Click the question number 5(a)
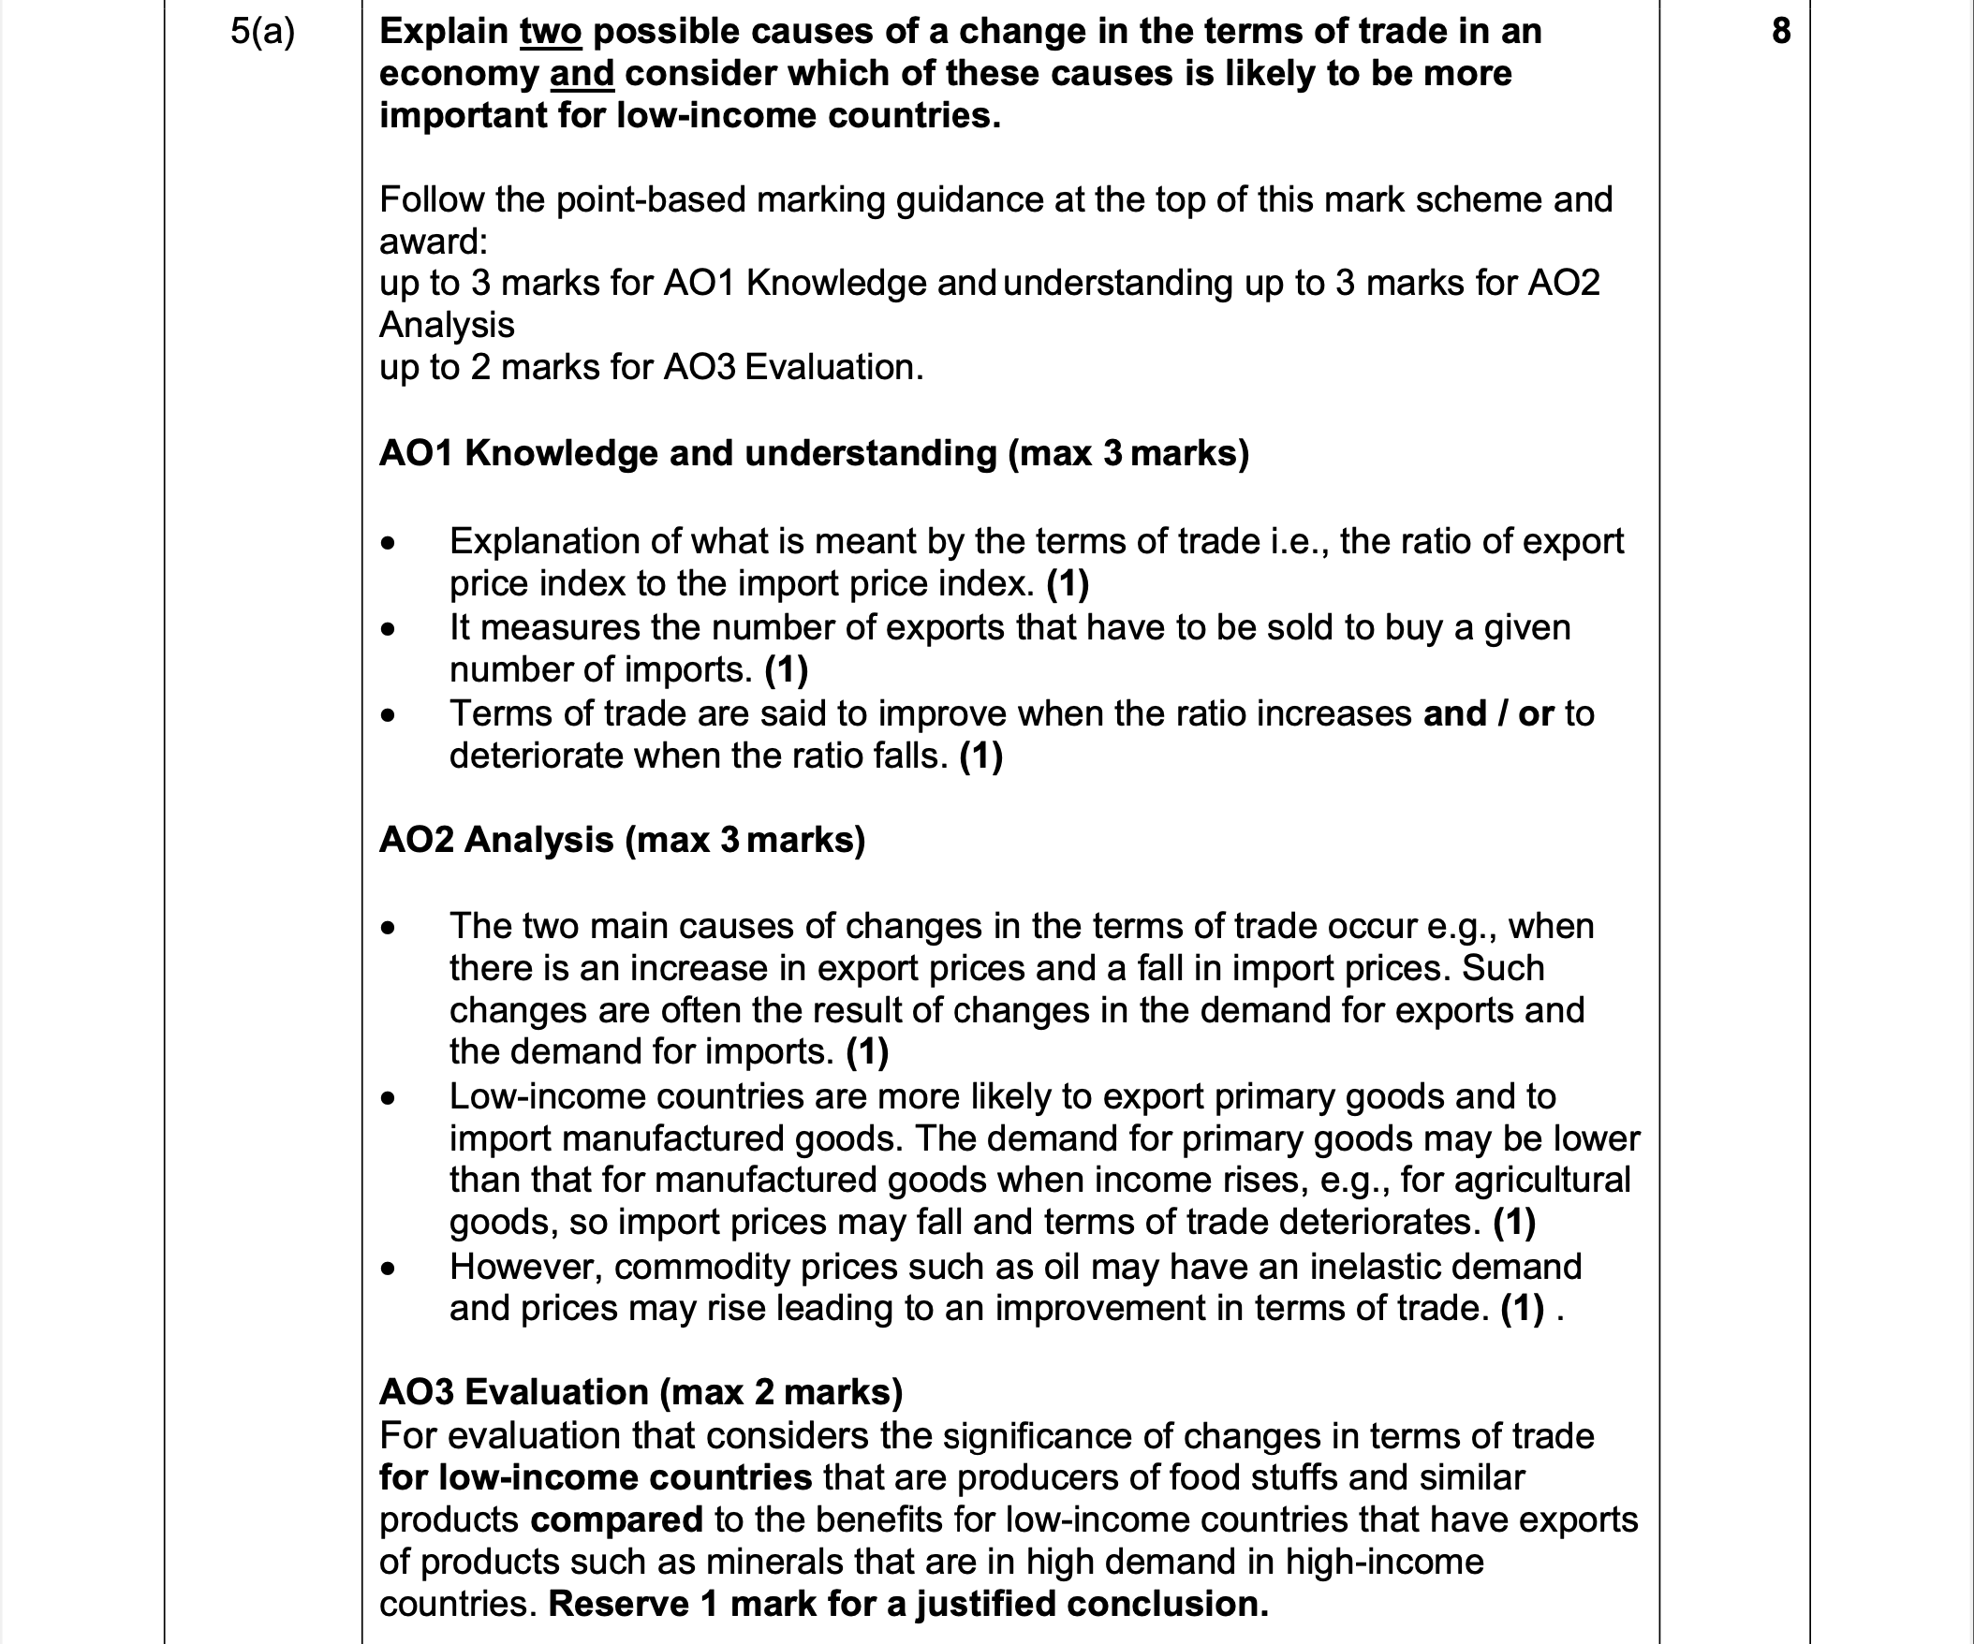[x=262, y=32]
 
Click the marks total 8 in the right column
[x=1780, y=32]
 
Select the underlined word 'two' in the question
[x=551, y=32]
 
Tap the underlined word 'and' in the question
[x=581, y=73]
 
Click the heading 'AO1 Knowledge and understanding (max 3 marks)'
[x=814, y=453]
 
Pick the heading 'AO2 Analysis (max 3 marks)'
[x=622, y=840]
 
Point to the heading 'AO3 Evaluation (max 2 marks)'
[x=641, y=1391]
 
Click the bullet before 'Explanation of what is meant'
[x=389, y=542]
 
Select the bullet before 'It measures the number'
[x=389, y=628]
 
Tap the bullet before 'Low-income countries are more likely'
[x=389, y=1097]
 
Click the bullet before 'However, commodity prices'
[x=389, y=1268]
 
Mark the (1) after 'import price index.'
[x=1067, y=583]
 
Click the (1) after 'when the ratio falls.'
[x=980, y=756]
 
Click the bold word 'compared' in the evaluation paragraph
[x=615, y=1519]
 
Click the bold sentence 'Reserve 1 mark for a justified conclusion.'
[x=907, y=1604]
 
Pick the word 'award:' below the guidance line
[x=434, y=242]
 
